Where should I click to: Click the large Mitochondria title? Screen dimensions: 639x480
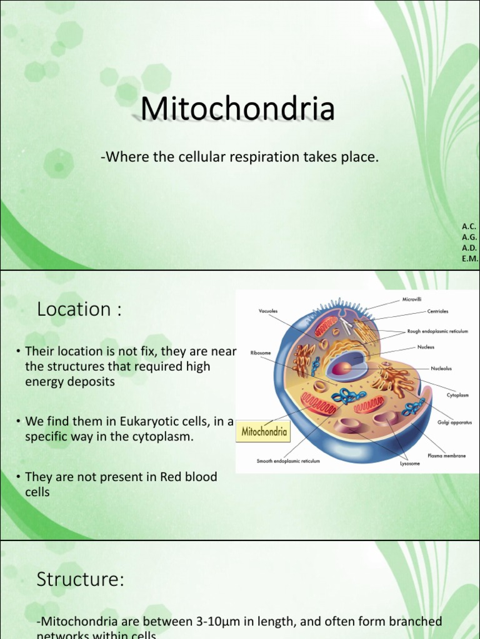coord(237,109)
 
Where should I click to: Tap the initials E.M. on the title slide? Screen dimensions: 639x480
coord(469,258)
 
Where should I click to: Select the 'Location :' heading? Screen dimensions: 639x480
coord(79,309)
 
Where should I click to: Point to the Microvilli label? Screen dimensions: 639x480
coord(412,300)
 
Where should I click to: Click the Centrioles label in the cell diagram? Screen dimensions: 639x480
coord(437,311)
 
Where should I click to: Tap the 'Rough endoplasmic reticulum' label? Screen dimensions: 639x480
coord(437,332)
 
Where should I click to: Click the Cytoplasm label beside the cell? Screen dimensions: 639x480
coord(457,395)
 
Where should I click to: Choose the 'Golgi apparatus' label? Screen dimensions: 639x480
coord(454,422)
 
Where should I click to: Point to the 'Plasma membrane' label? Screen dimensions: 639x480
coord(446,456)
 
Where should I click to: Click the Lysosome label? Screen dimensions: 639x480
coord(410,464)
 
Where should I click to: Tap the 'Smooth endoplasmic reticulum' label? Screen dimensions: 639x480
coord(288,461)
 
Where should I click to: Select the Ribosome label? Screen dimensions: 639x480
coord(261,353)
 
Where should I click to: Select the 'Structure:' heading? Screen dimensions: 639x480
coord(81,580)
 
